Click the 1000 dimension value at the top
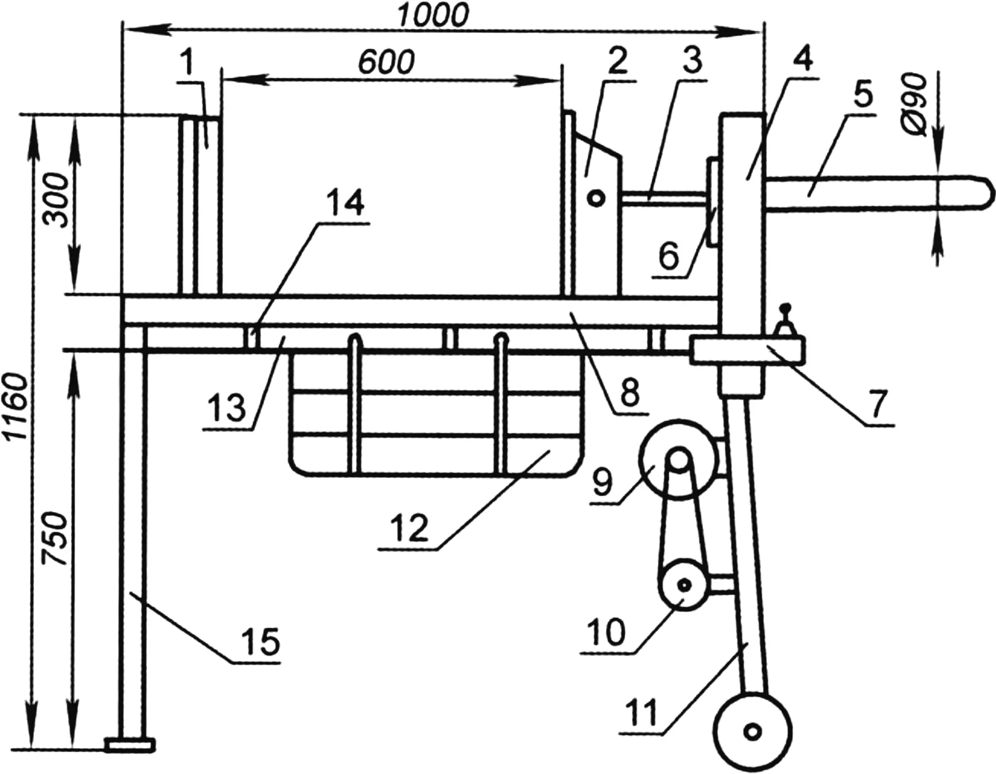click(433, 16)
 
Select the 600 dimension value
click(387, 62)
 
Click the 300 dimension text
click(56, 200)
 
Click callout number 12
click(409, 528)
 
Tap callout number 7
click(879, 403)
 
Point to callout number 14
click(345, 203)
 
